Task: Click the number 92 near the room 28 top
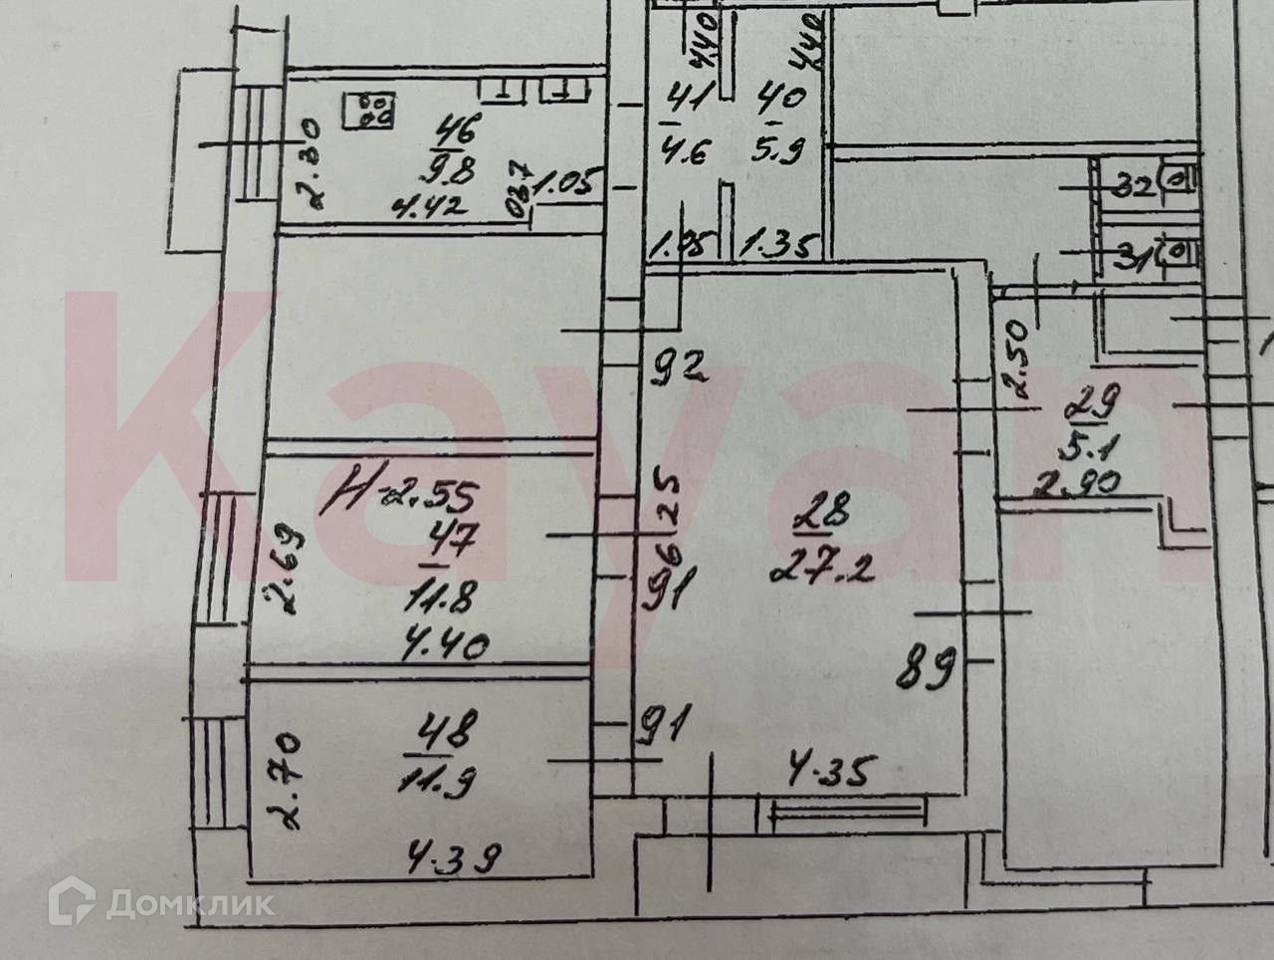(678, 369)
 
